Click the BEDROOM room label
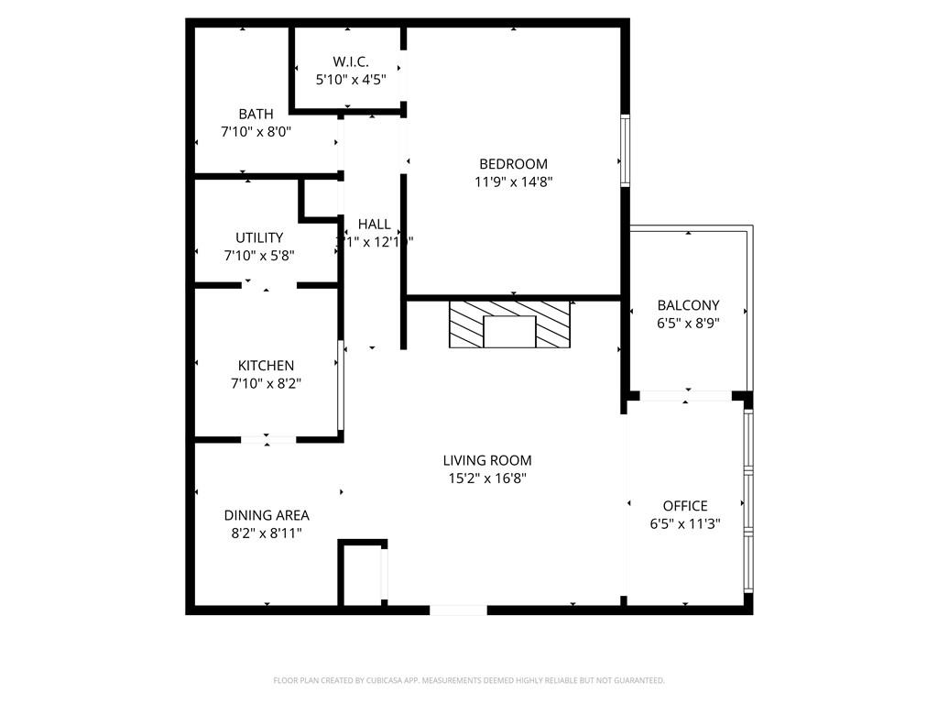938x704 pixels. pos(513,164)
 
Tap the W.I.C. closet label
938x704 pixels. pos(351,61)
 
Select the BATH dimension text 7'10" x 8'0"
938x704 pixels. pos(256,132)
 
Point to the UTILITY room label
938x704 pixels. pos(259,237)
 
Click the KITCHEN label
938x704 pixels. pos(266,366)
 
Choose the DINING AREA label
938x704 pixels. pos(266,515)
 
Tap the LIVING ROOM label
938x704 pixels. pos(486,460)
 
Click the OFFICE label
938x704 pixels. pos(685,505)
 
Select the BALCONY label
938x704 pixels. pos(688,305)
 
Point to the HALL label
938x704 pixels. pos(374,224)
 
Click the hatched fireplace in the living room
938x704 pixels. pos(509,324)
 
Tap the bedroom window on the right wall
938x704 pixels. pos(625,149)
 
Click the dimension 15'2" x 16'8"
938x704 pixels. pos(486,478)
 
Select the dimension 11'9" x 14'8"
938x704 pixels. pos(513,181)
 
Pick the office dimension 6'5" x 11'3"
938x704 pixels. pos(685,523)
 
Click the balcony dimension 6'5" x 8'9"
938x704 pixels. pos(688,323)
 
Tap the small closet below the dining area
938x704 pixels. pos(362,574)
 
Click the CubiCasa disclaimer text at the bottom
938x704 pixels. pos(469,680)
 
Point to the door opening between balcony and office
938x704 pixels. pos(685,396)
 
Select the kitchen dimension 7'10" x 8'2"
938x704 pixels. pos(266,383)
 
